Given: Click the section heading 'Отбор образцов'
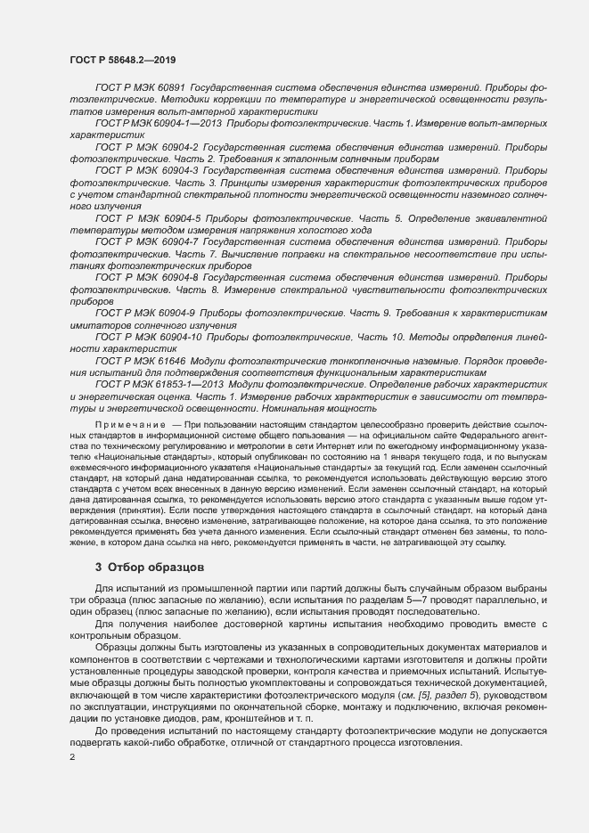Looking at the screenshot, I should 156,592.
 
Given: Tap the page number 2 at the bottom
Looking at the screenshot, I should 71,757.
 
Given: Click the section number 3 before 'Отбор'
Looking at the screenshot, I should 99,592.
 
